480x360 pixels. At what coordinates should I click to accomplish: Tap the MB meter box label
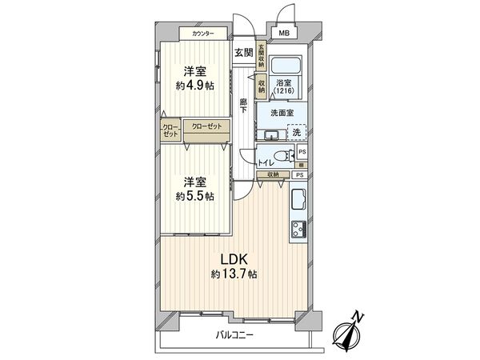284,33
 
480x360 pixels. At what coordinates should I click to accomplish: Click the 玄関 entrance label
244,53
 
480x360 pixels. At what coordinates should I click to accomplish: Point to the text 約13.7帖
234,274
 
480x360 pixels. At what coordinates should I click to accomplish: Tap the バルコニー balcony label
234,335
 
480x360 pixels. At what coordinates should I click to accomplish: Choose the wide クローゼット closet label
206,126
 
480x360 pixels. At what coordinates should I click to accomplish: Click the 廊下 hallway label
242,105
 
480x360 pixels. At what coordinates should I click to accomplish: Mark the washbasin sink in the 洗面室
270,134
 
